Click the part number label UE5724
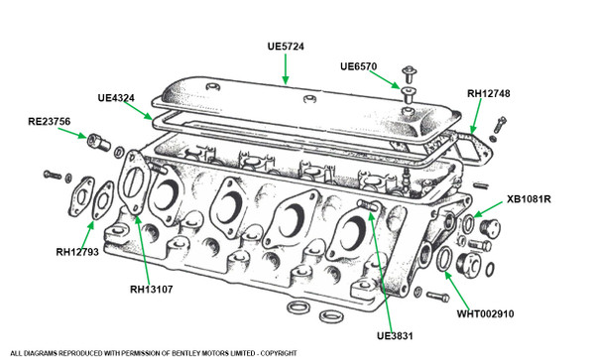click(286, 47)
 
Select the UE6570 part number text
click(359, 66)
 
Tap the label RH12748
click(488, 93)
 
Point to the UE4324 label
click(116, 98)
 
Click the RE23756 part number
click(50, 121)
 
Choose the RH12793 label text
click(77, 252)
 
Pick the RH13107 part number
click(152, 290)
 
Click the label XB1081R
click(529, 199)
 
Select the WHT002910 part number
click(485, 314)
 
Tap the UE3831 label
click(395, 336)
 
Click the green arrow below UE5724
click(286, 68)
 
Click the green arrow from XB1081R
click(488, 209)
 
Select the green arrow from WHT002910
click(457, 291)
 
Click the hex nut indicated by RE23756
click(98, 142)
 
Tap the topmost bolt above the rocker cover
click(409, 74)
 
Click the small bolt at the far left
click(53, 175)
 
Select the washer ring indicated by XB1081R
click(468, 224)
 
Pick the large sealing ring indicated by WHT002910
click(444, 259)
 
